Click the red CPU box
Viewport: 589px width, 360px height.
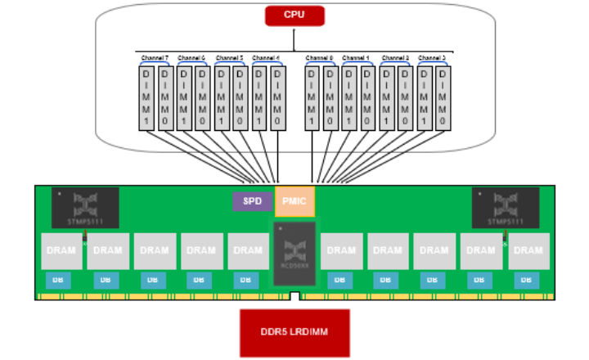point(294,16)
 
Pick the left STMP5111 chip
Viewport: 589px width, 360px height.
point(85,207)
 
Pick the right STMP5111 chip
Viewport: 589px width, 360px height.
point(506,207)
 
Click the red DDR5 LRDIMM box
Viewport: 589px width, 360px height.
point(294,332)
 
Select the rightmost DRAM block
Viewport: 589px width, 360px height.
point(528,250)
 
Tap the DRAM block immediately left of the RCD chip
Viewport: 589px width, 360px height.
point(248,250)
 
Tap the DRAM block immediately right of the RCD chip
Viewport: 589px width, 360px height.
point(342,250)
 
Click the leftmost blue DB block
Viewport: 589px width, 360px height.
point(58,280)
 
